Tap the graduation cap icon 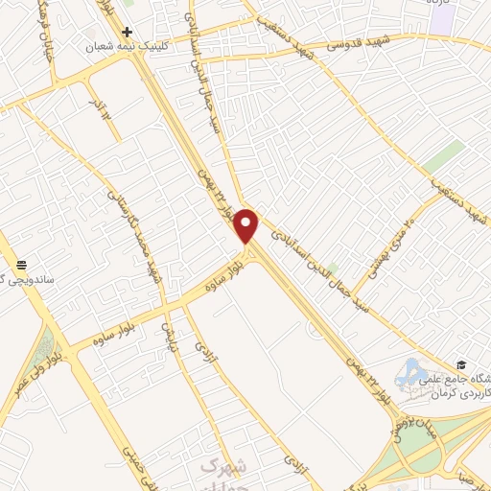[x=460, y=365]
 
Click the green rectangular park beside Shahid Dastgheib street [x=442, y=155]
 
